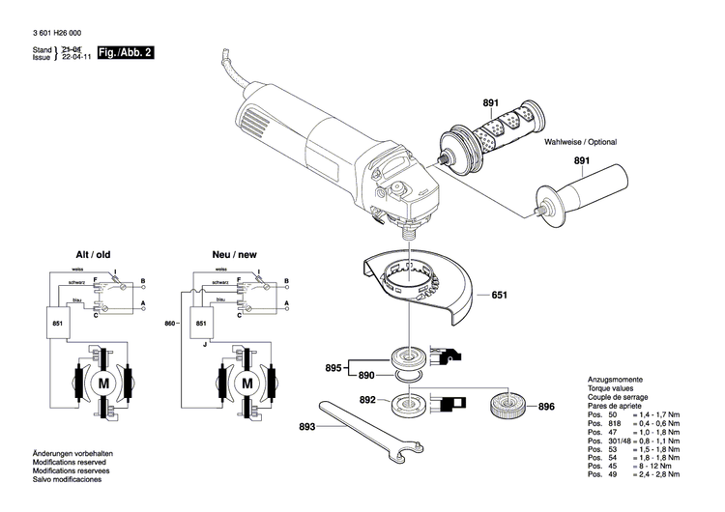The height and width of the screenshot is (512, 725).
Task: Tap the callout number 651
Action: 499,295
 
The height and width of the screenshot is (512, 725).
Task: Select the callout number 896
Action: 546,407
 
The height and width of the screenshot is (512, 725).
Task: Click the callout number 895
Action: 332,367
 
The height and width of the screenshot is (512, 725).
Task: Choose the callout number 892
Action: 367,399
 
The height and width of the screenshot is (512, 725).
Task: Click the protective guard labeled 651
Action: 425,290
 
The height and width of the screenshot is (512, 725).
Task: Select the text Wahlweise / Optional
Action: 580,142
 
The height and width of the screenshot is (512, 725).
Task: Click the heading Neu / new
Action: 235,254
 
